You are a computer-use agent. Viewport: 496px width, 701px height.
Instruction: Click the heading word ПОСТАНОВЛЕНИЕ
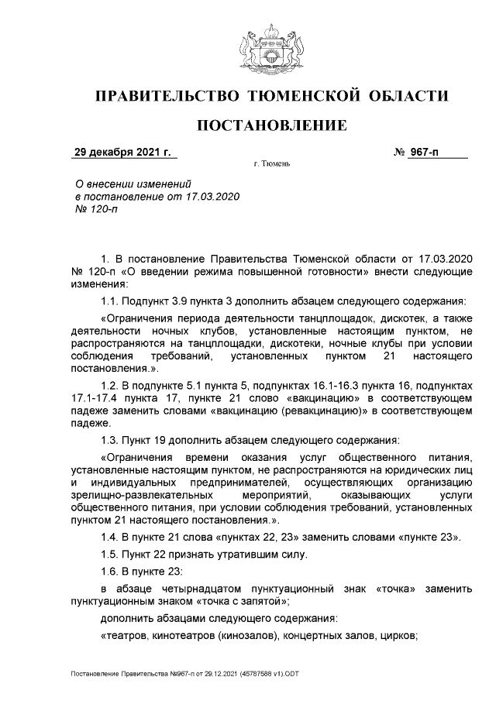coord(270,125)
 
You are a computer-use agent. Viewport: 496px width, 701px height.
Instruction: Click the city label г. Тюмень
coord(271,166)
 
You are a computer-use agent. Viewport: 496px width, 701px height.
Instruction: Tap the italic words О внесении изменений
coord(132,184)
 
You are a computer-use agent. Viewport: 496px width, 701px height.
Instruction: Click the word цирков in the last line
coord(397,637)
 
